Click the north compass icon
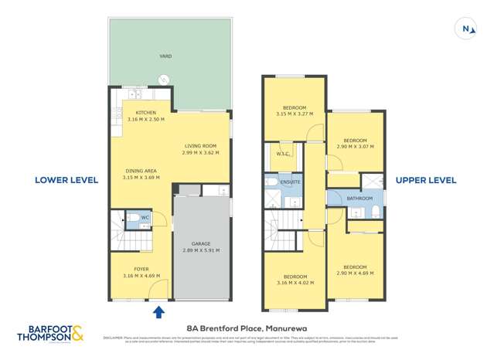pos(466,29)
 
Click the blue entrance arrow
pos(159,312)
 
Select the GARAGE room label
pos(201,243)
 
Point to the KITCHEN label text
pos(146,113)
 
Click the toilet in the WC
pos(133,218)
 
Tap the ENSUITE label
pos(291,182)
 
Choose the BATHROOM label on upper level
pos(359,199)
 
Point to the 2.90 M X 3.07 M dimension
pos(356,146)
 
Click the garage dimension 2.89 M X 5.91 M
pos(201,250)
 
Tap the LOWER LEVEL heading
pos(66,180)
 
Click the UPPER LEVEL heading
pos(426,180)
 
